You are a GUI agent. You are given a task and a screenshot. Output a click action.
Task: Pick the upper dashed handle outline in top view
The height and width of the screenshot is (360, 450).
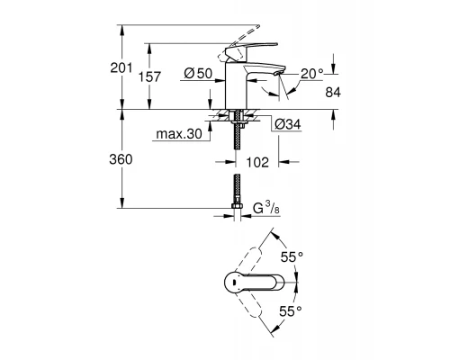click(x=261, y=245)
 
